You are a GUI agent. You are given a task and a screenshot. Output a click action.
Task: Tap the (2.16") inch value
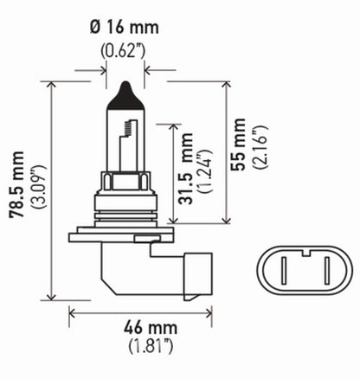tap(262, 154)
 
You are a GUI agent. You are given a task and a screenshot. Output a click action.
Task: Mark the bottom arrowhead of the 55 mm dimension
tap(226, 222)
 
